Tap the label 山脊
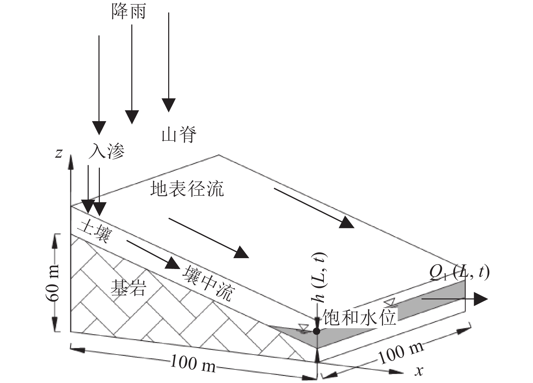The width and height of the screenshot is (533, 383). click(179, 135)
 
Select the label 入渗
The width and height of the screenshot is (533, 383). click(106, 151)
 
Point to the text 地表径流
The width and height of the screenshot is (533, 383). click(187, 189)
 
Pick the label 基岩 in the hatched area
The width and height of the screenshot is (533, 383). click(128, 288)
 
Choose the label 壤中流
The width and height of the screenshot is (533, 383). click(207, 284)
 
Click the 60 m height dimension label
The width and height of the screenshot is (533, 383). click(53, 283)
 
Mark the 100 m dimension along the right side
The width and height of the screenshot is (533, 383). click(400, 352)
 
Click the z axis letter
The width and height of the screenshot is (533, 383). click(59, 153)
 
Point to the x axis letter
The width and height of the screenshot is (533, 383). click(419, 371)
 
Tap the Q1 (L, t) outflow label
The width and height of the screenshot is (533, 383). click(459, 272)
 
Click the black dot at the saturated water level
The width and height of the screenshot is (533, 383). click(316, 331)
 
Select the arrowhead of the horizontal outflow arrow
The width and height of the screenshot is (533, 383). click(481, 299)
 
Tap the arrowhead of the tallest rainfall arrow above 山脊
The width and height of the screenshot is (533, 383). click(168, 105)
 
